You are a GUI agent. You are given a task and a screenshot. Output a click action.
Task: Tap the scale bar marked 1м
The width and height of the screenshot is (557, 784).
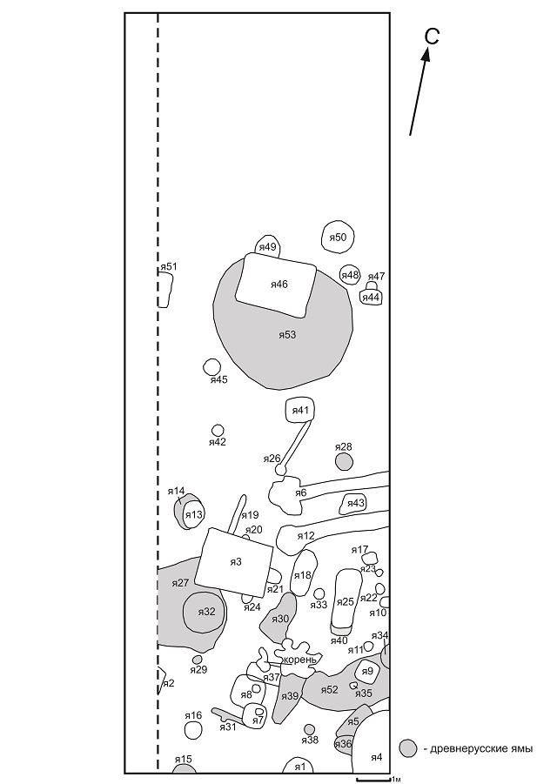[373, 778]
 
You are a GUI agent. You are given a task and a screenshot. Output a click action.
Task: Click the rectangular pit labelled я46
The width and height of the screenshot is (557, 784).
[276, 285]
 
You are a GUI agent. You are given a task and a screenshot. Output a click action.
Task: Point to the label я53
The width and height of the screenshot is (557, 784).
[287, 335]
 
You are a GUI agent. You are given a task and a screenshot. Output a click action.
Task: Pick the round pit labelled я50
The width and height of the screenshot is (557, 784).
[337, 237]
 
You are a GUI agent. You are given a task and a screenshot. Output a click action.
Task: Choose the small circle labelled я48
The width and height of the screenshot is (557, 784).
[350, 274]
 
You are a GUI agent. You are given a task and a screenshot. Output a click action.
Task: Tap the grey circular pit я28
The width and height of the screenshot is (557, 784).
[344, 461]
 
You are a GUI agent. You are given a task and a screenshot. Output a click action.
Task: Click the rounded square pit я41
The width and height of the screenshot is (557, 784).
[300, 411]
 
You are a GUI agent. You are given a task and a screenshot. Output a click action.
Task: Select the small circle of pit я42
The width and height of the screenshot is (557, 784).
[218, 430]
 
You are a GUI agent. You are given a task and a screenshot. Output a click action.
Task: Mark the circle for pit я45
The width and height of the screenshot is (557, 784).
[211, 366]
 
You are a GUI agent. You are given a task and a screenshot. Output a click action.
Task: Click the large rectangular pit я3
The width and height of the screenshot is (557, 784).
[234, 562]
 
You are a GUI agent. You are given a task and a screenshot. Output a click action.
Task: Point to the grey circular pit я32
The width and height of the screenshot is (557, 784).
[205, 612]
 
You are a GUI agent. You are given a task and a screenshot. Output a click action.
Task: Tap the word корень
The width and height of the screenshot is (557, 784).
[299, 660]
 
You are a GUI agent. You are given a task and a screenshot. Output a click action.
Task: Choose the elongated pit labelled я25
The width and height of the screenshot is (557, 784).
[346, 601]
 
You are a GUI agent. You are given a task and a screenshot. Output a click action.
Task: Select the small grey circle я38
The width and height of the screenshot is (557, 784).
[310, 729]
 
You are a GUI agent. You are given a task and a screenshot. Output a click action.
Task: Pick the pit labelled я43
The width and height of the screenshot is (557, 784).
[354, 504]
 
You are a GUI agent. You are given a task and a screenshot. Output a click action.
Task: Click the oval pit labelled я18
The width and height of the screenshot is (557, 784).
[304, 573]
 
